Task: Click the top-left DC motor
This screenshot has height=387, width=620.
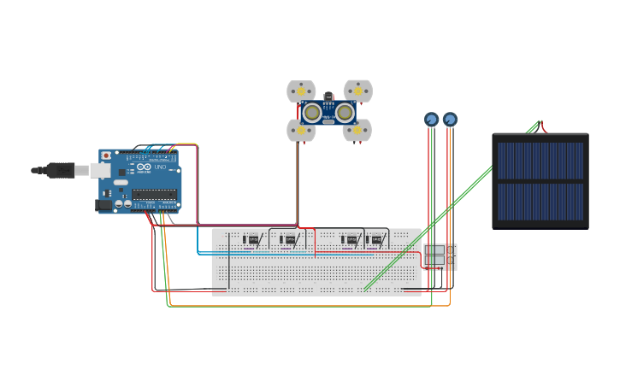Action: coord(301,91)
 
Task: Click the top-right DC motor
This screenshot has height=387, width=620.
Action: coord(358,90)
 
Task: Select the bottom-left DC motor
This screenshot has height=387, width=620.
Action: coord(300,131)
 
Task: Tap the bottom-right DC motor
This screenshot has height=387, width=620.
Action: coord(357,131)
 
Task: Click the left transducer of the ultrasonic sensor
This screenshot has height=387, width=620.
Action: coord(312,113)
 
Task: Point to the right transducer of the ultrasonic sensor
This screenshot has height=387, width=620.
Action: coord(345,113)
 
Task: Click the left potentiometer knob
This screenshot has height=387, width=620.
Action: coord(431,120)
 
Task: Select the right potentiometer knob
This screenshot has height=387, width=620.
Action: coord(450,120)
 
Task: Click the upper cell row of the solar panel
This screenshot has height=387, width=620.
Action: coord(540,161)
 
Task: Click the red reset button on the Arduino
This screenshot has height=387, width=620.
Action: coord(106,156)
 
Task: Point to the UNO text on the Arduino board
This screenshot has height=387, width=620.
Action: coord(160,167)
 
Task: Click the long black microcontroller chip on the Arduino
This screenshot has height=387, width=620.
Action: coord(155,195)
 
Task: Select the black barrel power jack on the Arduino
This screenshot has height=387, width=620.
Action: coord(103,205)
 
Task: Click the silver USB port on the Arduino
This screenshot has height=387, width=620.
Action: coord(101,171)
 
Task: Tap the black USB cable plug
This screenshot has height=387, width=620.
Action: coord(60,170)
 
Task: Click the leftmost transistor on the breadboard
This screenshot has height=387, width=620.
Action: coord(252,239)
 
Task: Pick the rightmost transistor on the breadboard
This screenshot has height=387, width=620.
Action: coord(376,239)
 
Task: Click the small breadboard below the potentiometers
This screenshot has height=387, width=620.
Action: coord(440,256)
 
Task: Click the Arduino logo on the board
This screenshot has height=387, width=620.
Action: coord(144,167)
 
